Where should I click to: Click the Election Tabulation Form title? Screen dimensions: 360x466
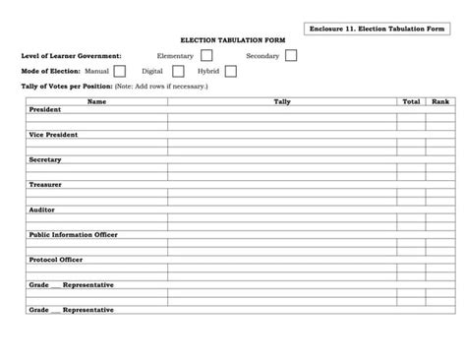pyautogui.click(x=232, y=41)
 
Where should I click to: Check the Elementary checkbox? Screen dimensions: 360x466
pyautogui.click(x=206, y=56)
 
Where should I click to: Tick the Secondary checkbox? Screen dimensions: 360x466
pyautogui.click(x=291, y=56)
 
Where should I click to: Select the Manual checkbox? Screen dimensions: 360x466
pyautogui.click(x=119, y=71)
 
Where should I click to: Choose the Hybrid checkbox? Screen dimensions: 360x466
pyautogui.click(x=230, y=71)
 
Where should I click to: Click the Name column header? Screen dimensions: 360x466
pyautogui.click(x=96, y=102)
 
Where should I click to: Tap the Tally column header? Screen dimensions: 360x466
pyautogui.click(x=282, y=102)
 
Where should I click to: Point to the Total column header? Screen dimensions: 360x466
pyautogui.click(x=411, y=102)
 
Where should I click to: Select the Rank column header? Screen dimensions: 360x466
pyautogui.click(x=439, y=102)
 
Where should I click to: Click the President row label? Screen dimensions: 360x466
pyautogui.click(x=45, y=109)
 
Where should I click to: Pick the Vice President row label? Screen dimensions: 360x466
pyautogui.click(x=53, y=135)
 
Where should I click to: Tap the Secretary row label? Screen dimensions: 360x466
pyautogui.click(x=45, y=159)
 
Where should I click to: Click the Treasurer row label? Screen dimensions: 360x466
pyautogui.click(x=46, y=184)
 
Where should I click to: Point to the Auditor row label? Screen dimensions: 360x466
pyautogui.click(x=42, y=210)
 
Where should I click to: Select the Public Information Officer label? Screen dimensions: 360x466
pyautogui.click(x=74, y=235)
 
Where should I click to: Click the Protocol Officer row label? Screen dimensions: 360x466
pyautogui.click(x=56, y=260)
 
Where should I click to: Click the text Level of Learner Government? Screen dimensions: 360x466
pyautogui.click(x=72, y=56)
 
